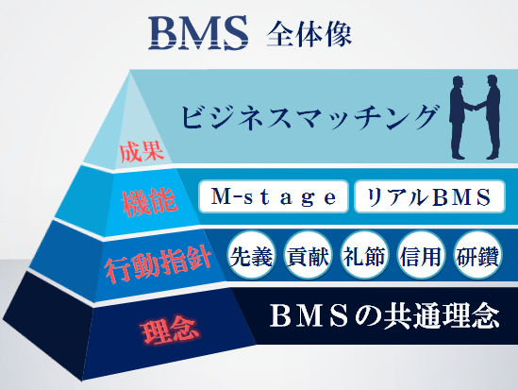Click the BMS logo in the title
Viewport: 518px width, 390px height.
click(198, 33)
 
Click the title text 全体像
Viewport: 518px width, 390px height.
click(309, 34)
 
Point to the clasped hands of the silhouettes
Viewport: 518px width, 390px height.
click(475, 107)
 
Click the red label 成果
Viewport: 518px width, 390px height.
click(142, 152)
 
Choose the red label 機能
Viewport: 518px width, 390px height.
click(149, 203)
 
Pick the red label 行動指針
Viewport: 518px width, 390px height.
click(159, 265)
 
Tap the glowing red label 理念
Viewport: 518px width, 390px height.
click(169, 331)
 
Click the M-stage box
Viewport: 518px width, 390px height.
click(274, 196)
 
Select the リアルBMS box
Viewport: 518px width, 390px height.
click(429, 196)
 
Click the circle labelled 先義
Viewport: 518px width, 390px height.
click(251, 255)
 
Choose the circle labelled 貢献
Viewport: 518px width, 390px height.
click(308, 255)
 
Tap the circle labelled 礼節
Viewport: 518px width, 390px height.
click(364, 255)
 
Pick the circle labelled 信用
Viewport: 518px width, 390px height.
click(421, 255)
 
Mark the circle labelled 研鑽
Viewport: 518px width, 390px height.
click(477, 255)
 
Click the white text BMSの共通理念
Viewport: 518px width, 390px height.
click(384, 316)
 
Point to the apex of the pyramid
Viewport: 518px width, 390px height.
click(130, 70)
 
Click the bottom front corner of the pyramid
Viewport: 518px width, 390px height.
click(82, 381)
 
